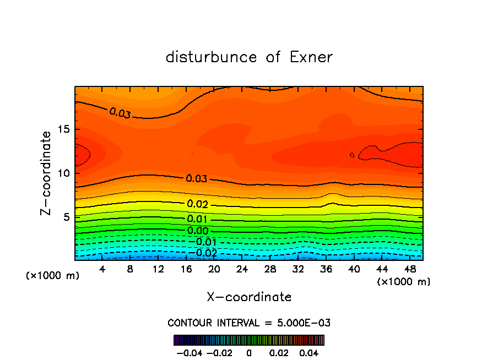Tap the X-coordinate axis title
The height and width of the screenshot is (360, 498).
click(x=249, y=297)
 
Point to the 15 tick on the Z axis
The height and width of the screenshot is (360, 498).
click(x=66, y=129)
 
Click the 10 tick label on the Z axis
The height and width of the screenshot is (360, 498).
click(x=66, y=173)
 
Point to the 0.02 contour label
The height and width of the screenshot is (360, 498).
click(x=197, y=204)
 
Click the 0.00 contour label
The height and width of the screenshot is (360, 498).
click(x=197, y=231)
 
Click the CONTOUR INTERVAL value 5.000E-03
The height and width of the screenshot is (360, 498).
click(x=302, y=323)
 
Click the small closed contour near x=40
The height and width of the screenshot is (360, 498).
click(x=352, y=155)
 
